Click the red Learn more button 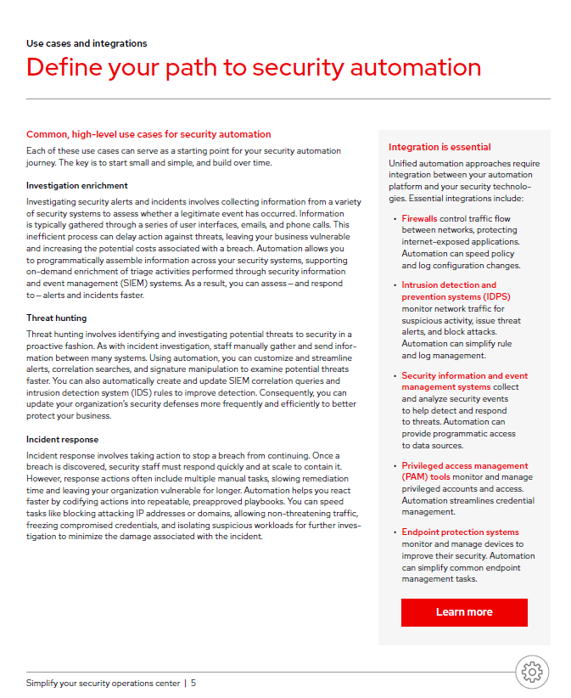click(x=464, y=612)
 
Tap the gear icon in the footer click(x=532, y=671)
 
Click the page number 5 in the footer click(x=193, y=683)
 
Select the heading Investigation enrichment click(x=77, y=185)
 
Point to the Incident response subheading click(x=63, y=440)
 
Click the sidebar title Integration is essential click(x=439, y=147)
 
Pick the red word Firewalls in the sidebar click(x=419, y=218)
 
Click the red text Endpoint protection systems click(x=460, y=532)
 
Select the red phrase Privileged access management click(x=464, y=465)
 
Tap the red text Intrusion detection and click(x=449, y=285)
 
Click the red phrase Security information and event click(x=464, y=375)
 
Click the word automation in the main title click(x=414, y=67)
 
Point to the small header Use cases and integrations click(x=87, y=43)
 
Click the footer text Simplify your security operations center click(x=103, y=683)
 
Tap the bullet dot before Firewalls click(x=395, y=219)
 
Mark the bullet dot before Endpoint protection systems click(x=395, y=532)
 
